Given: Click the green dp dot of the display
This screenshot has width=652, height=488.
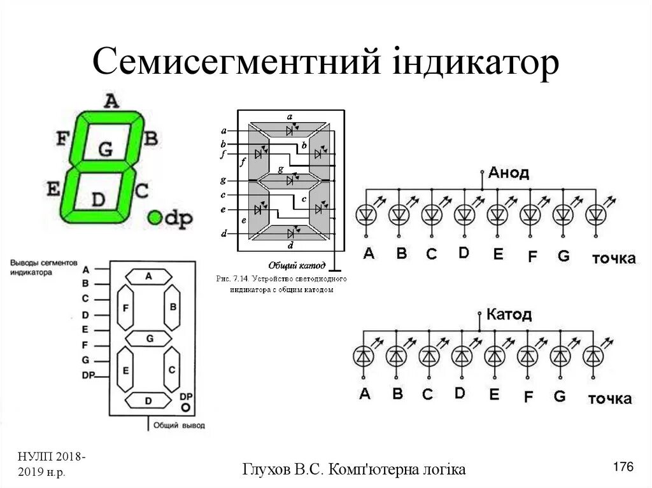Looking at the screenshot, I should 155,218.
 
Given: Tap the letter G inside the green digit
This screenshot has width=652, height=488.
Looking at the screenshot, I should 105,150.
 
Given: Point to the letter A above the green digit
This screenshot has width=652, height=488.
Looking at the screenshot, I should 111,101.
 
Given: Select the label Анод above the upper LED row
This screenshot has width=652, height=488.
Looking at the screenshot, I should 509,173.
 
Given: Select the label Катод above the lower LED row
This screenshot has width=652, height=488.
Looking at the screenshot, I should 509,314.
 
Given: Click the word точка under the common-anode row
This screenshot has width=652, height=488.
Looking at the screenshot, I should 614,258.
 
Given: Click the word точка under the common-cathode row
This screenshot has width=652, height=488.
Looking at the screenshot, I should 609,399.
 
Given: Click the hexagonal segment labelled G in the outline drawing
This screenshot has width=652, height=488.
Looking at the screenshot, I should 149,338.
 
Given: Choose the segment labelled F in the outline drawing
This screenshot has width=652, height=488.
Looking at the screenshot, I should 126,307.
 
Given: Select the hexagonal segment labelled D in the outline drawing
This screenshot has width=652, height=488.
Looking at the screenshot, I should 148,401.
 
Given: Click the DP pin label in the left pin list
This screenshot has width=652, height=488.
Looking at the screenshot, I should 88,375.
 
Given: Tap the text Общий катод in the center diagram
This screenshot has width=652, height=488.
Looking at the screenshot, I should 297,265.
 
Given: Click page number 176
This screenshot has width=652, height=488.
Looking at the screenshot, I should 623,468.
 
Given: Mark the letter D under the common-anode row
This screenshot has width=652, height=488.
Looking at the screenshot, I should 464,253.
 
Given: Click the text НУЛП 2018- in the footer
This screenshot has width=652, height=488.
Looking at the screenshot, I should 53,459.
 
